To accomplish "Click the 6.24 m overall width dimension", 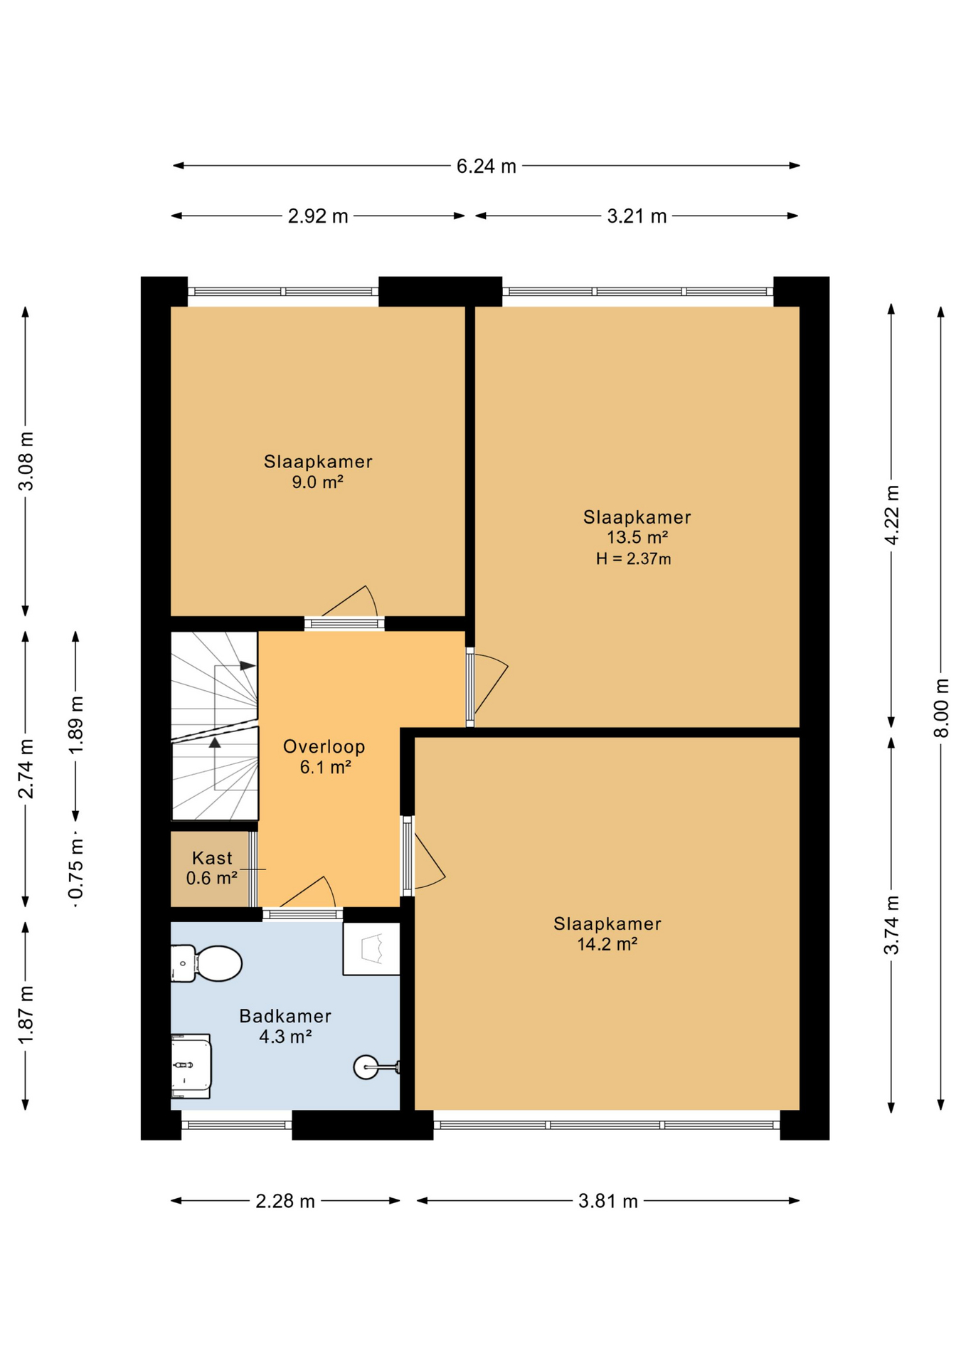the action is (487, 166).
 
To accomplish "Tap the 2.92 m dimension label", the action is (318, 216).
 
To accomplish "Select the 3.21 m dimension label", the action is (637, 216).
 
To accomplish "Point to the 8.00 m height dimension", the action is (941, 708).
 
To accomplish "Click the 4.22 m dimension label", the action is (891, 515).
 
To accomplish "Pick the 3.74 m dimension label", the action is (891, 925).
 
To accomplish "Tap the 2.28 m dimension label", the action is (285, 1202).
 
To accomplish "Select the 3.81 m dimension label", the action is (608, 1202).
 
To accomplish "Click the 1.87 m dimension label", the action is (26, 1015).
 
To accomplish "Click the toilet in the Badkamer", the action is (206, 963).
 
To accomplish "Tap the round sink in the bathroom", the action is (375, 1066).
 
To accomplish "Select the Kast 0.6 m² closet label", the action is (212, 868).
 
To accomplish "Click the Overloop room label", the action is (324, 746).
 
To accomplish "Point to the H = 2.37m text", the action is (634, 559).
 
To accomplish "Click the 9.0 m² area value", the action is (318, 482).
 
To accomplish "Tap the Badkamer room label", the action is (285, 1016).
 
